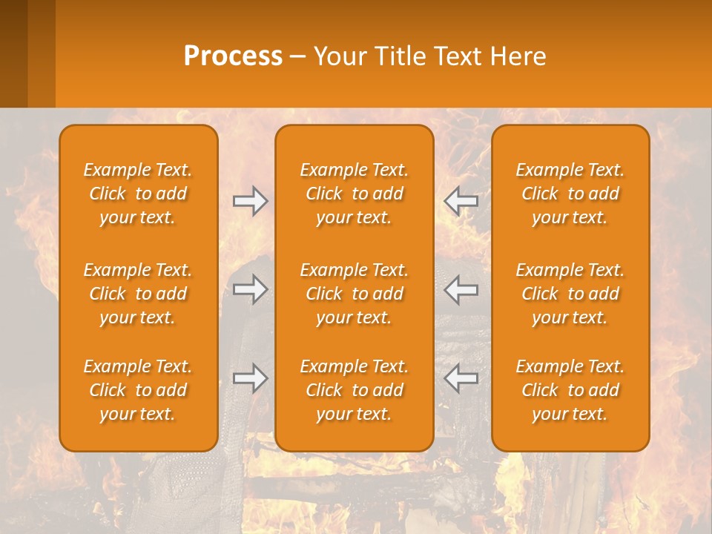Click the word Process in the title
(x=233, y=56)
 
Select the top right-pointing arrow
(x=250, y=201)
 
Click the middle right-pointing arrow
(x=250, y=289)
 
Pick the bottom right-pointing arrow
(x=250, y=378)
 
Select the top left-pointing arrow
(x=461, y=201)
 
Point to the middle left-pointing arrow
(x=461, y=289)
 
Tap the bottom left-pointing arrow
(x=461, y=378)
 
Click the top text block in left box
(x=138, y=194)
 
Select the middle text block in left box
(x=138, y=294)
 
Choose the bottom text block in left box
(x=138, y=390)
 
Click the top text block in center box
(x=355, y=194)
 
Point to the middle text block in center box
(x=355, y=294)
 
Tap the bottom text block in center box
(x=355, y=390)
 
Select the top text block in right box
(x=570, y=194)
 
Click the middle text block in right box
(x=570, y=294)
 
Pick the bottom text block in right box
(x=570, y=390)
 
